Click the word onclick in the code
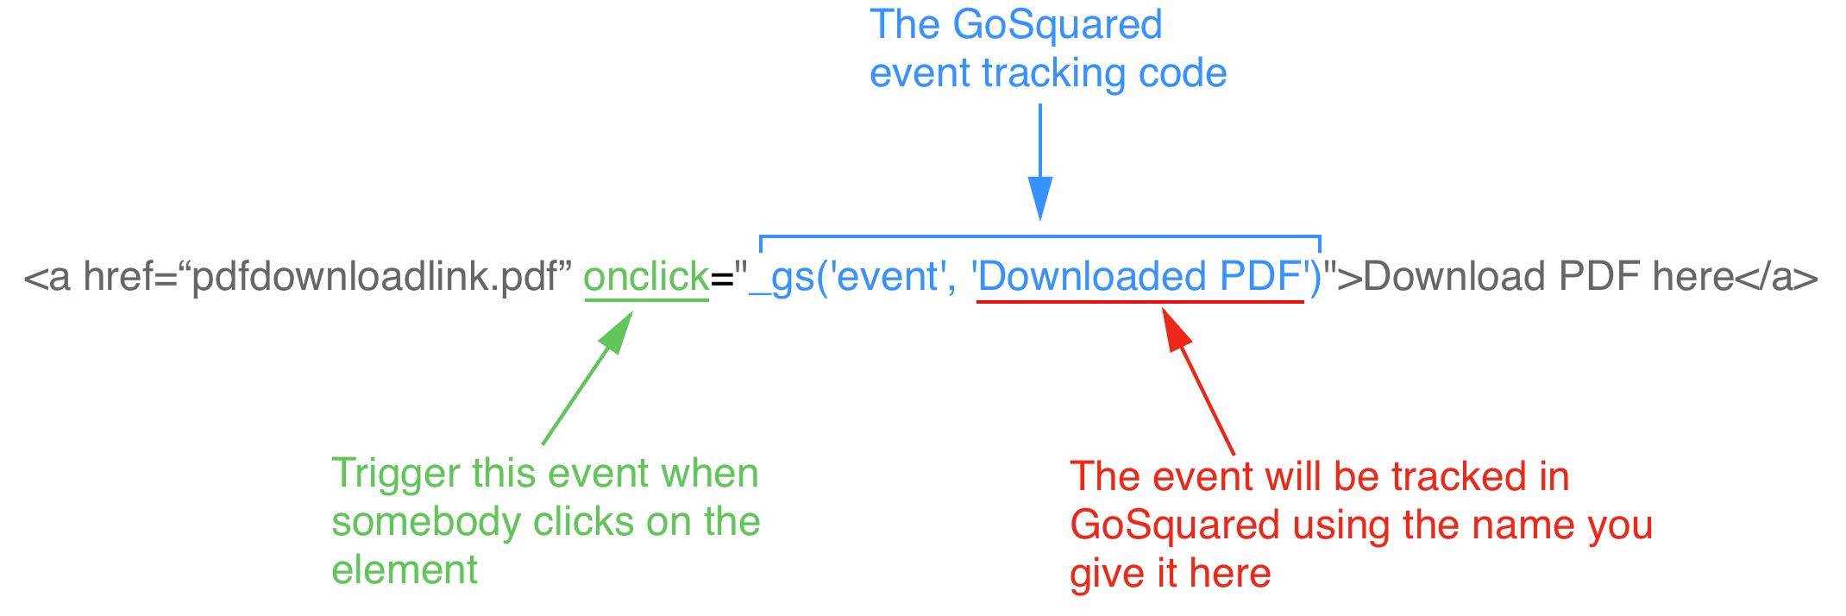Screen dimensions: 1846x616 pyautogui.click(x=646, y=277)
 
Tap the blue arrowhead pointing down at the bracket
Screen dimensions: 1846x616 pyautogui.click(x=1040, y=198)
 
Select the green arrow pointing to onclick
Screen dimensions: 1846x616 pyautogui.click(x=587, y=379)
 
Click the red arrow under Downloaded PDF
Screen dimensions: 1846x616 pyautogui.click(x=1198, y=380)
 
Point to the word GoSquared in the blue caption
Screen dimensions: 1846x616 pyautogui.click(x=1058, y=24)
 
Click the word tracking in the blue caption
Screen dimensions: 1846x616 pyautogui.click(x=1053, y=73)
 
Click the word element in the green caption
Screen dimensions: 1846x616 pyautogui.click(x=405, y=570)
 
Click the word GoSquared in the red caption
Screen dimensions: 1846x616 pyautogui.click(x=1175, y=525)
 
